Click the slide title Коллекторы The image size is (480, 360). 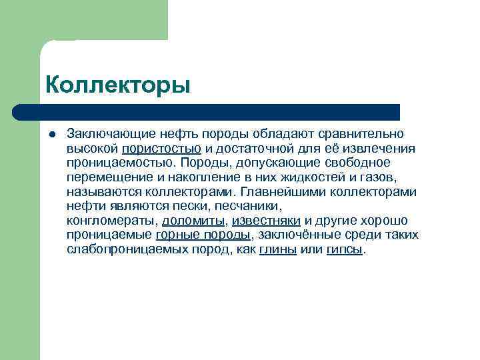(118, 85)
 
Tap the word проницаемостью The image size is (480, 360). (119, 163)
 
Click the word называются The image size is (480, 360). (100, 192)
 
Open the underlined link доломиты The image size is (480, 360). (193, 221)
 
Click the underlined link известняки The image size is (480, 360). (265, 221)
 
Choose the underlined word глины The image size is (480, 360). (278, 249)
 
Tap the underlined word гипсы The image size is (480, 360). (345, 249)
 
